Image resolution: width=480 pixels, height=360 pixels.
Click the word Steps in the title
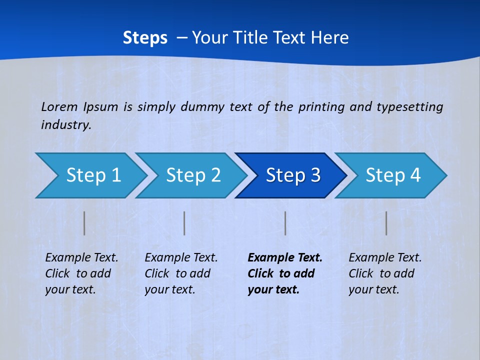coord(145,38)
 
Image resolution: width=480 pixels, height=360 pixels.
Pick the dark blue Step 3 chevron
coord(293,175)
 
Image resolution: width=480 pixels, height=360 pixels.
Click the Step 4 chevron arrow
coord(393,175)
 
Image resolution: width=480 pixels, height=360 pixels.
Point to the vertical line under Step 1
coord(84,223)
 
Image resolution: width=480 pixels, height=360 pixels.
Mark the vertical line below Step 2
coord(184,223)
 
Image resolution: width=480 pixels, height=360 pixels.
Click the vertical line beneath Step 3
coord(285,223)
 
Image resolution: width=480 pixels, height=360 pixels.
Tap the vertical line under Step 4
coord(386,223)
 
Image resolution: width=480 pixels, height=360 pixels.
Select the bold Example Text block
coord(284,273)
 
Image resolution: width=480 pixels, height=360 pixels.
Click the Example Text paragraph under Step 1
coord(81,273)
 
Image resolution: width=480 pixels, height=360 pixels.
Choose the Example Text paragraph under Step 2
coord(181,273)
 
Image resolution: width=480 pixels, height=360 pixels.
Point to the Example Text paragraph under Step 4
coord(385,273)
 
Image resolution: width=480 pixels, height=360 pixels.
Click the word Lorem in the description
coord(59,106)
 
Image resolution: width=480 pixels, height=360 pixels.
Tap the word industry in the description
coord(65,125)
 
